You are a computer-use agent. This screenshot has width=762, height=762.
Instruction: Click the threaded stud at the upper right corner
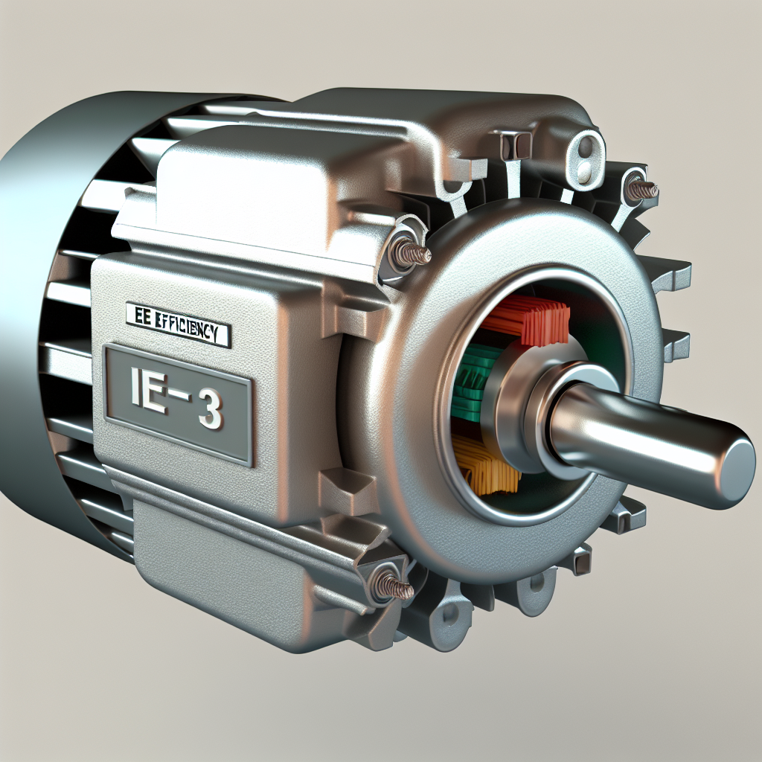tap(641, 189)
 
